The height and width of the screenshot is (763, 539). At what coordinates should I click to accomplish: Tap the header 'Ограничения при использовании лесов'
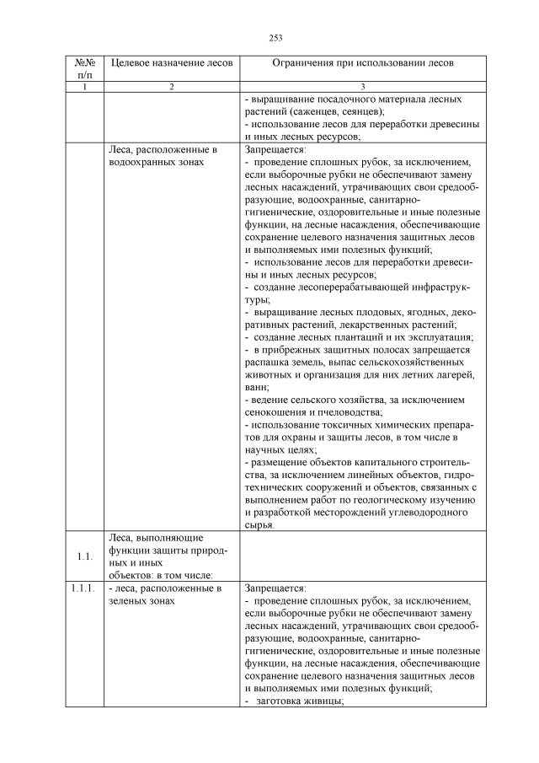point(362,62)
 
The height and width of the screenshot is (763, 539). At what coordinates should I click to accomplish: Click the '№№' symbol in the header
point(83,62)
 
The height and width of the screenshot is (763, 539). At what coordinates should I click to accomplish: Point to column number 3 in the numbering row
point(362,87)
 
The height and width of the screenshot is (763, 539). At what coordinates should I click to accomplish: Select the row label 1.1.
point(83,556)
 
